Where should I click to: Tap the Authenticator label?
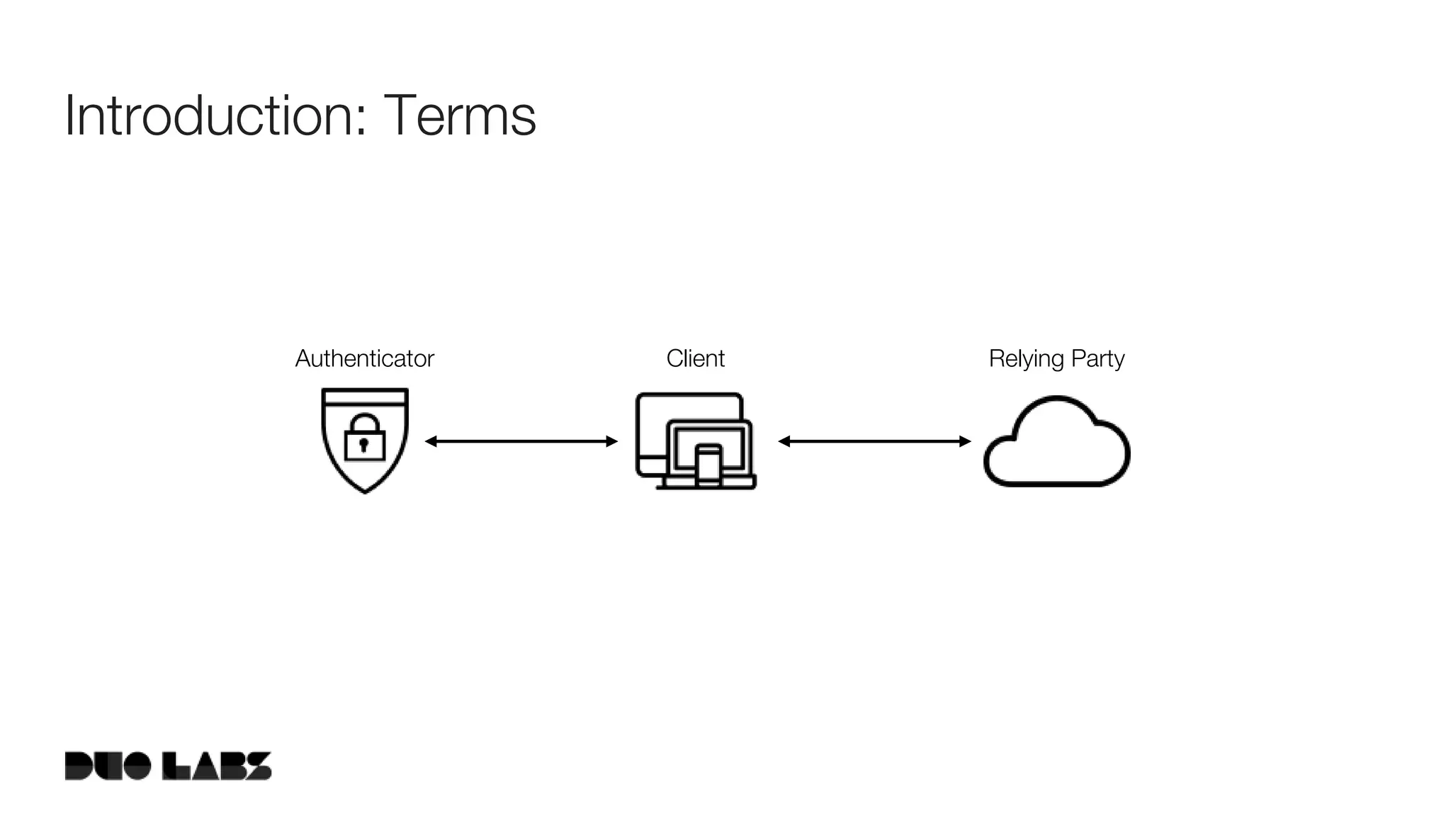coord(364,358)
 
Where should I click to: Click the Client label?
coord(695,358)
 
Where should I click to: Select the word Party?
coord(1097,359)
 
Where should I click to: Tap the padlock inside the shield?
coord(364,438)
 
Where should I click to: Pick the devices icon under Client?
coord(695,441)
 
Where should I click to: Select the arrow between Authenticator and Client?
coord(521,441)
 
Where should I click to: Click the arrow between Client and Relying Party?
coord(874,441)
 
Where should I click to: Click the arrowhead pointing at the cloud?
coord(965,441)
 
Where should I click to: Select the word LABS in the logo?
coord(217,766)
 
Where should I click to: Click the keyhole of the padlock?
coord(364,445)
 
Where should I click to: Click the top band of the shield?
coord(365,396)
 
